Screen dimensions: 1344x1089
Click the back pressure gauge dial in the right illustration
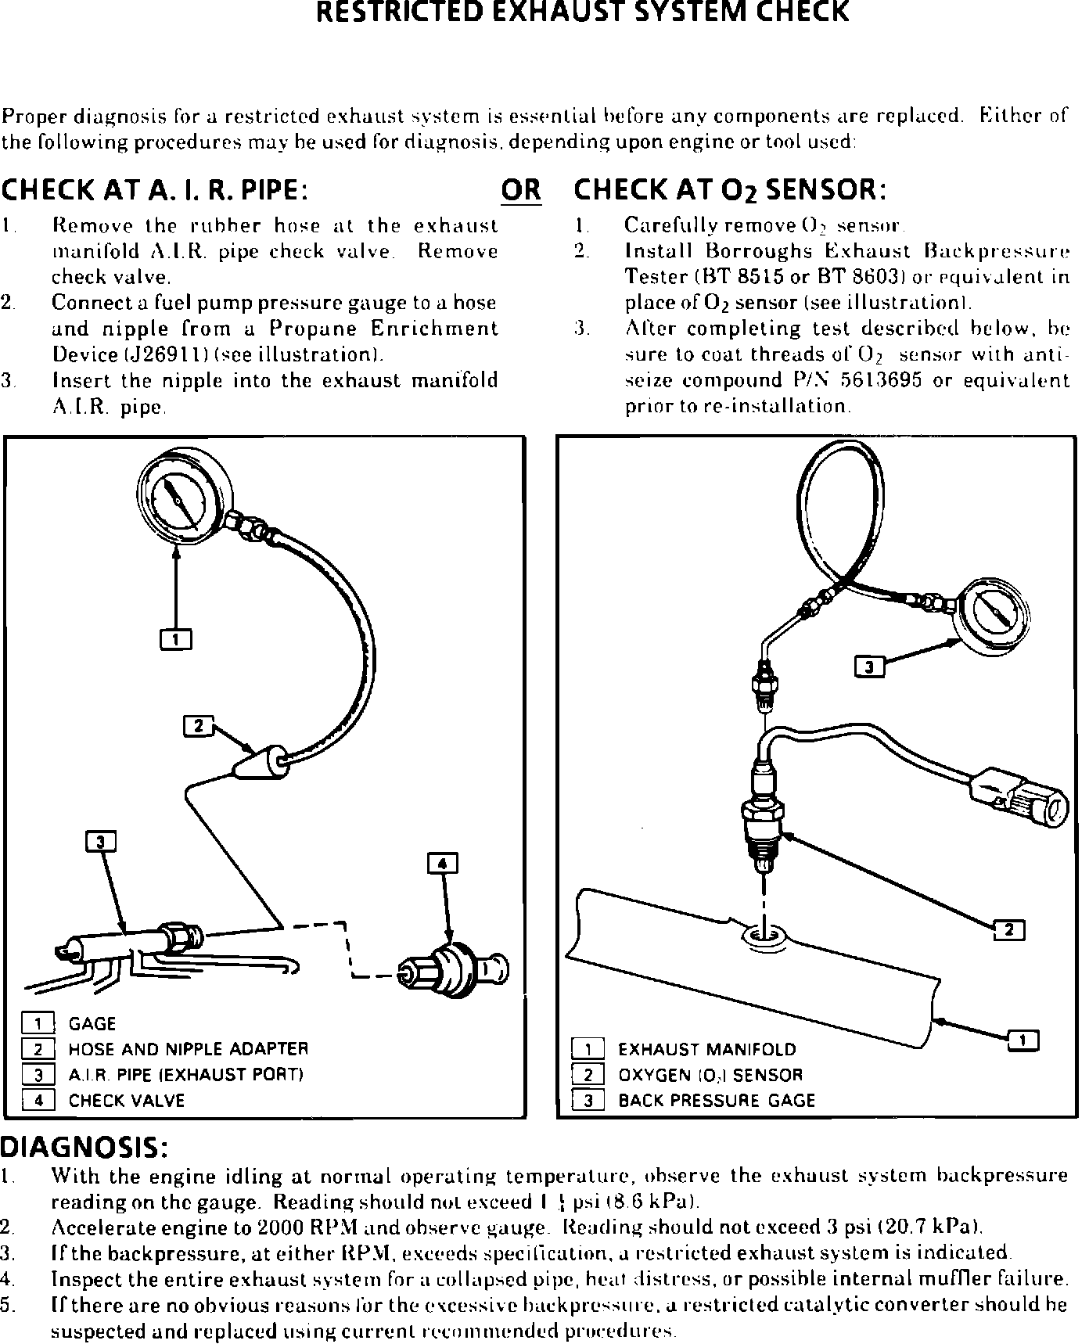[994, 614]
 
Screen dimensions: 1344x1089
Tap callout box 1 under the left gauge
[176, 640]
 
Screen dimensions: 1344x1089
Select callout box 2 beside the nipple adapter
[198, 727]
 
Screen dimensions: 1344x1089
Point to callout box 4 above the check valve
[443, 864]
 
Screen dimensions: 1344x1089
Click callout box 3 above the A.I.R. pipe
[100, 842]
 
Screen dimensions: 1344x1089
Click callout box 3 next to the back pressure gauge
[869, 667]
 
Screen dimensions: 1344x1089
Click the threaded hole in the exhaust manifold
[764, 934]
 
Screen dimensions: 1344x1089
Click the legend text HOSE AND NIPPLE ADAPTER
[189, 1049]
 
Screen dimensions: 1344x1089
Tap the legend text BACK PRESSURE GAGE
[717, 1101]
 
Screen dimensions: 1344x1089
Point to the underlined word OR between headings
[520, 190]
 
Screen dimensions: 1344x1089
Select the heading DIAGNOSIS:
[84, 1148]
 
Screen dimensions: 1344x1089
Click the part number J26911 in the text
[160, 354]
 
